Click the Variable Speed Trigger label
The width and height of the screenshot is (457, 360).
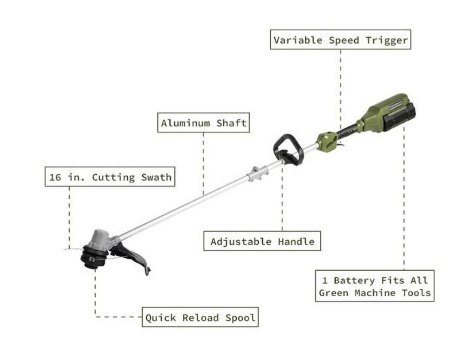(x=341, y=40)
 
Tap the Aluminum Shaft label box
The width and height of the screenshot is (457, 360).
(x=203, y=123)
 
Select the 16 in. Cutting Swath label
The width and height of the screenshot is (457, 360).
(x=110, y=177)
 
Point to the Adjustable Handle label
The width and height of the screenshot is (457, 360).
(x=262, y=241)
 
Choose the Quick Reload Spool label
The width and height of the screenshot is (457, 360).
(x=200, y=318)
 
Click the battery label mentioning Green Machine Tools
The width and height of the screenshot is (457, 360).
(x=374, y=286)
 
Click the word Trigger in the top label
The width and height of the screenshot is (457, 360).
(x=388, y=40)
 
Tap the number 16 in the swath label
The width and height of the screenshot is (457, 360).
(x=55, y=177)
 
